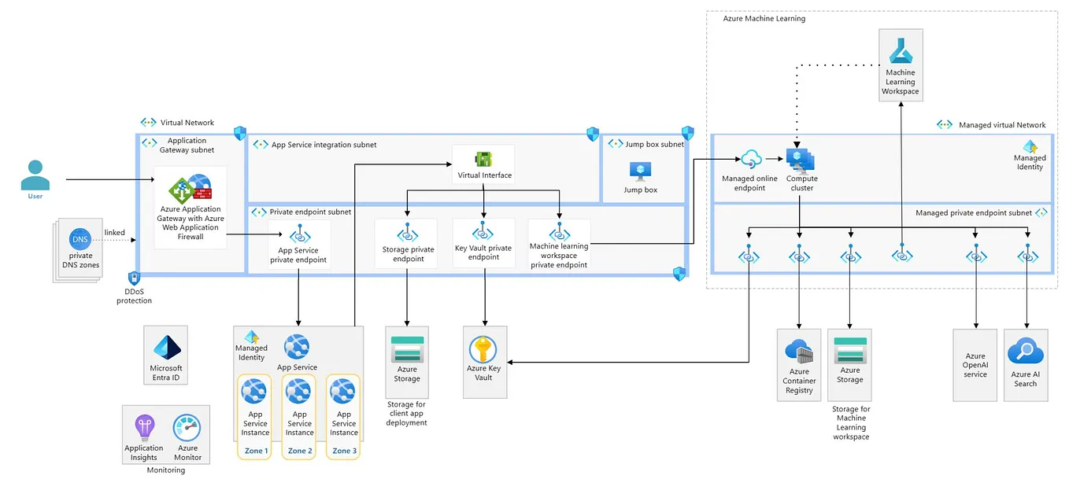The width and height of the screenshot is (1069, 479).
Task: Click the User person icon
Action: [x=35, y=175]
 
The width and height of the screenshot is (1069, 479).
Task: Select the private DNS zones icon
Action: [x=80, y=240]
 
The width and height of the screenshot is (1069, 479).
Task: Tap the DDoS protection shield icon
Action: [x=134, y=278]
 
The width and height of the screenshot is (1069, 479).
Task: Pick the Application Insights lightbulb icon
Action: [x=144, y=428]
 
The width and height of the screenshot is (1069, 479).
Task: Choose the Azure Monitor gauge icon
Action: [x=187, y=428]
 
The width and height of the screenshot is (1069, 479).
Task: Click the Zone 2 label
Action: [x=299, y=451]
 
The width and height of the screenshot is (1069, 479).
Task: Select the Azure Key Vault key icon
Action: [x=483, y=350]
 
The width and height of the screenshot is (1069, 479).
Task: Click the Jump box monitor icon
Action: [x=640, y=171]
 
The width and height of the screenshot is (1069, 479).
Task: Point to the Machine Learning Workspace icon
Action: [x=900, y=52]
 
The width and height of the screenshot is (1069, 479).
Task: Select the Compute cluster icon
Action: [x=801, y=160]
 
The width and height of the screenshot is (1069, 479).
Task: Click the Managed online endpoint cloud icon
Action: [x=749, y=160]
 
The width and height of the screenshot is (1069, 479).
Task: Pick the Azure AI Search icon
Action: [x=1025, y=352]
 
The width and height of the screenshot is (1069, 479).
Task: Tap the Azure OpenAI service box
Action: [x=975, y=365]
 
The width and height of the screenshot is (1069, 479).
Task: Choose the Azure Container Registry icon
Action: [x=799, y=352]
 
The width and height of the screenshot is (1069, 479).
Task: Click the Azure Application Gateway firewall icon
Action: [x=190, y=192]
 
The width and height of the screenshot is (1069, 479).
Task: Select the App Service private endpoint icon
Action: [x=298, y=234]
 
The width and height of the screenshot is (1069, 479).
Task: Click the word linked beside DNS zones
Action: [x=114, y=232]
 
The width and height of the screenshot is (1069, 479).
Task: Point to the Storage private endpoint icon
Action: [x=407, y=232]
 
